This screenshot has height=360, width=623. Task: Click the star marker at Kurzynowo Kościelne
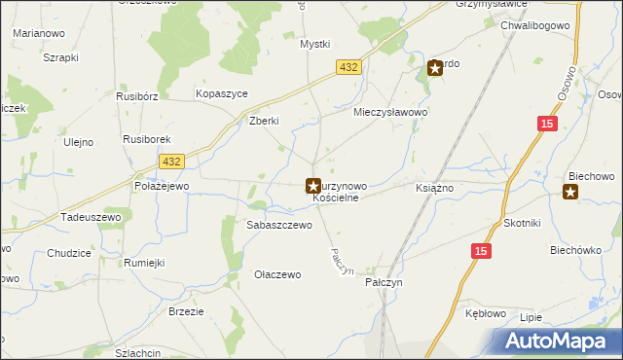[x=313, y=185]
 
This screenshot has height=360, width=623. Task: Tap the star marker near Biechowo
[x=570, y=193]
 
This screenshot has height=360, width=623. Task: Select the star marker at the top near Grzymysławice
[x=435, y=68]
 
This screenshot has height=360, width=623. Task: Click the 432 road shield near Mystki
[x=350, y=66]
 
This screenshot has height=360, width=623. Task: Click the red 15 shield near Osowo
[x=547, y=124]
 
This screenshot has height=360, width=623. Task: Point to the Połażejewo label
[x=162, y=185]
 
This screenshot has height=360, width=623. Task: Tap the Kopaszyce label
[x=222, y=92]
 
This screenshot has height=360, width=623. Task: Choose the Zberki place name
[x=265, y=121]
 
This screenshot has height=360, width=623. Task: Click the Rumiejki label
[x=143, y=263]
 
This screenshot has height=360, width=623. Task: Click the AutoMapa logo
[x=559, y=341]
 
